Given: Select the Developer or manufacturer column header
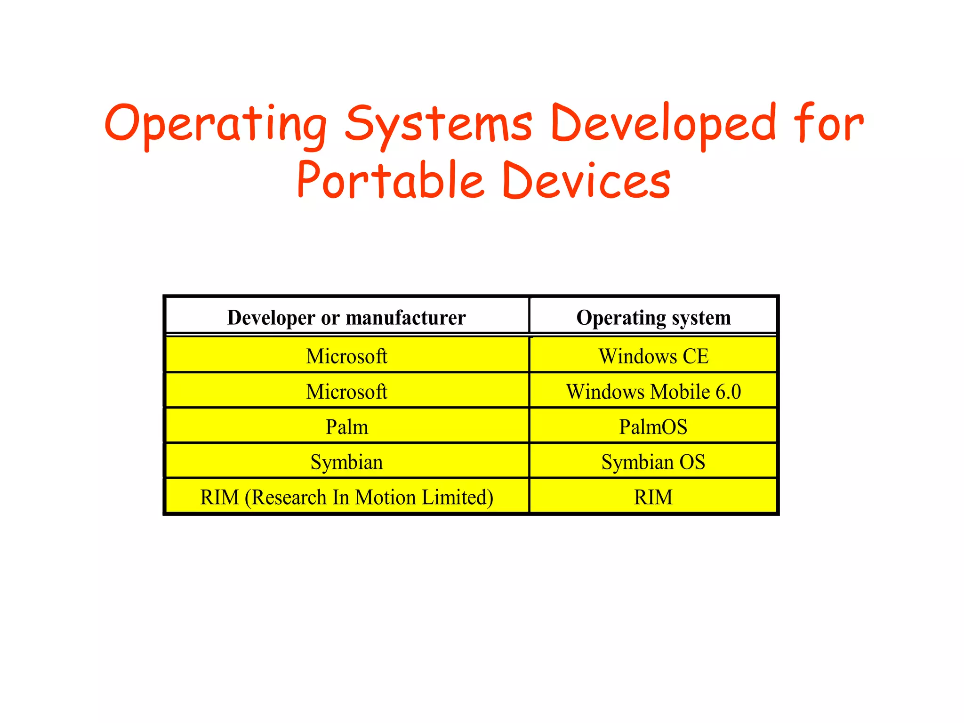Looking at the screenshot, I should pos(346,318).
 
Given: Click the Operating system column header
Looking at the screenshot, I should pos(653,318).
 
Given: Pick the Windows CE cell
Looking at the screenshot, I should pos(653,356).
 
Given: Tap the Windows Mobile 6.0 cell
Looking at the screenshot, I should pos(653,392).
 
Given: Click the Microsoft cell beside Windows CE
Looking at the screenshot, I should pos(347,356).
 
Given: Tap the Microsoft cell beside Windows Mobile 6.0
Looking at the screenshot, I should pos(347,392).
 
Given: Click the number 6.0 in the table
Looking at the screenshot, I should pos(728,392).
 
